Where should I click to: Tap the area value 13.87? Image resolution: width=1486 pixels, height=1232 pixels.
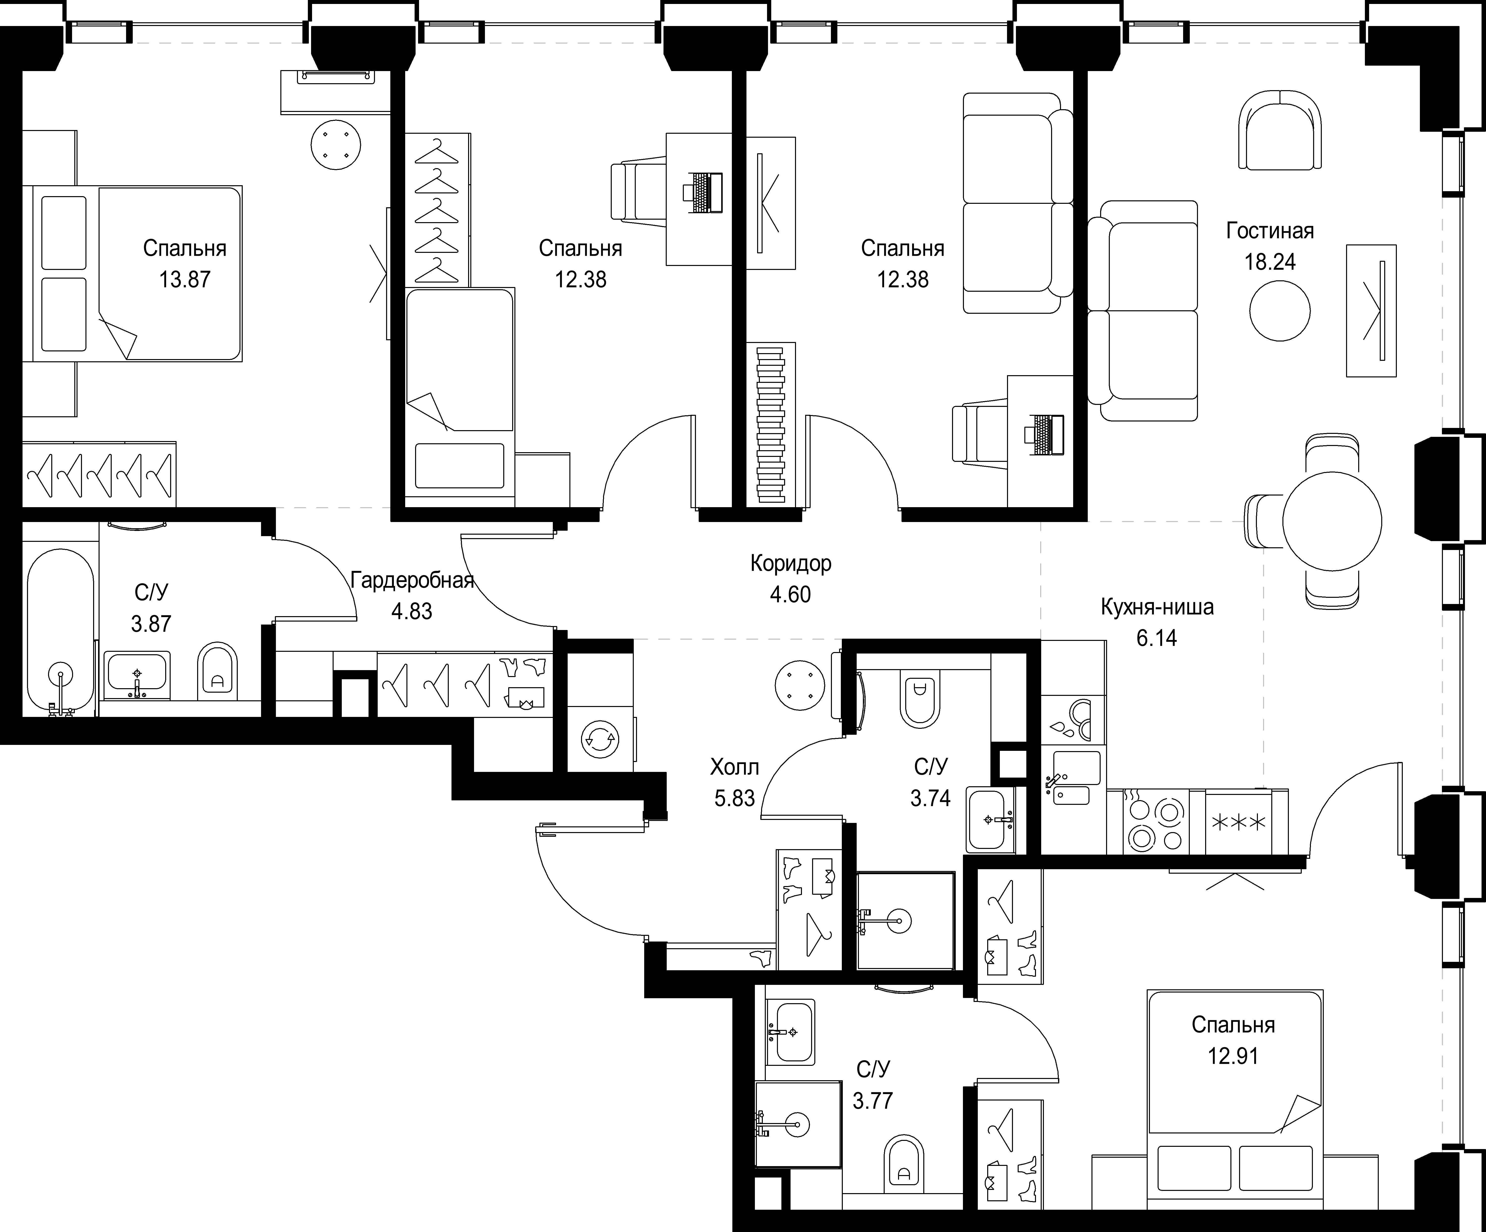[x=185, y=280]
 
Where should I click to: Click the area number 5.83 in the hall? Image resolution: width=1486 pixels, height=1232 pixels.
[x=735, y=798]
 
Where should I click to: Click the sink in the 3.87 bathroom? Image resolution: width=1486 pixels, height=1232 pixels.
[x=136, y=676]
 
